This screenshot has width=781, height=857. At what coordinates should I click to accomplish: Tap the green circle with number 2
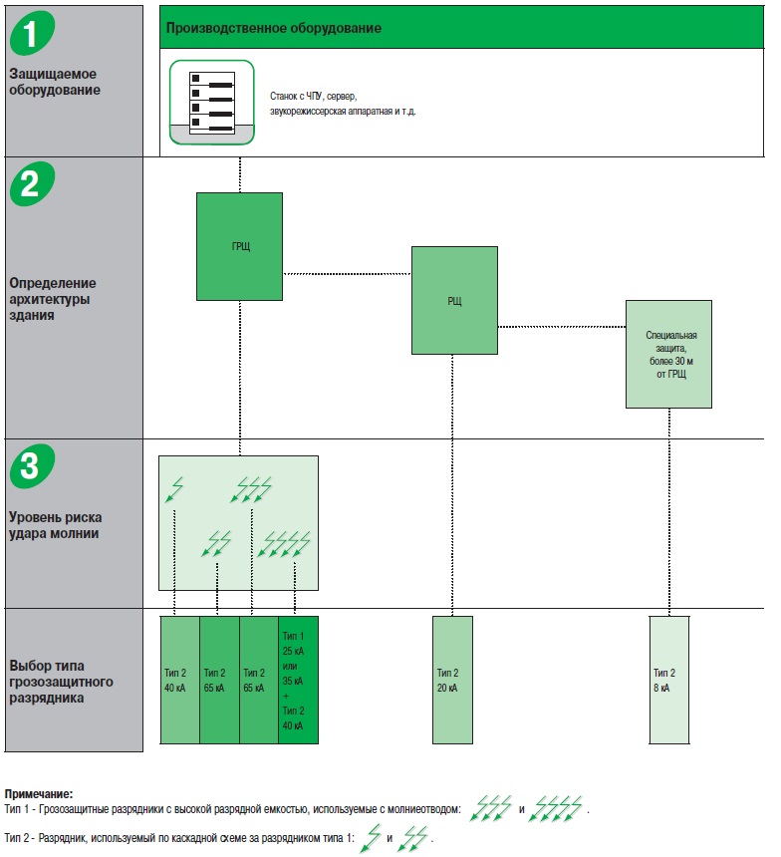pos(32,184)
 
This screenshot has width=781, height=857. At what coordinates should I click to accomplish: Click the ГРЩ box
pos(240,246)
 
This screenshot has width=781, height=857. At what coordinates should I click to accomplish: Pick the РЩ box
pos(454,300)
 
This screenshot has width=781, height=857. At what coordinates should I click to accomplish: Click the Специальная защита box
pos(668,354)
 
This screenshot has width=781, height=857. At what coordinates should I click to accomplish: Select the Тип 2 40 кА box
pos(179,680)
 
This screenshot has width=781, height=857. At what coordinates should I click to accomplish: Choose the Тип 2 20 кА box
pos(452,680)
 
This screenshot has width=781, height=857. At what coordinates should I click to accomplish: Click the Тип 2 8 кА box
pos(668,680)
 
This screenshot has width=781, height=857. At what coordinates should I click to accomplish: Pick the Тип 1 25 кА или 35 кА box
pos(298,680)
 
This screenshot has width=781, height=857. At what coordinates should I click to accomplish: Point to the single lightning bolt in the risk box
pos(175,489)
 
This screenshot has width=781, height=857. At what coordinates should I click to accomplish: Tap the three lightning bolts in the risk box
pos(250,489)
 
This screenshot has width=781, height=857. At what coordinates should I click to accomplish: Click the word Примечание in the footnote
pos(38,794)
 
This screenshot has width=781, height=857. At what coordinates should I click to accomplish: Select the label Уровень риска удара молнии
pos(56,525)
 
